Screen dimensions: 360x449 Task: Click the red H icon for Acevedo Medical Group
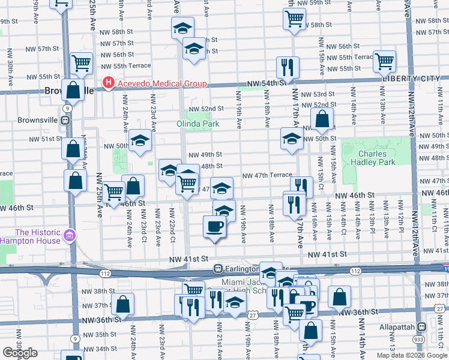click(x=108, y=83)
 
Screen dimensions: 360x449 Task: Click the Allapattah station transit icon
click(x=421, y=328)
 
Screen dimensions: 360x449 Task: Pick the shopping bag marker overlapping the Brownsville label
click(x=73, y=91)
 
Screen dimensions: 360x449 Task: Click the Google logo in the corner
click(x=20, y=353)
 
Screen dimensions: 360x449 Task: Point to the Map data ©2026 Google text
click(x=412, y=355)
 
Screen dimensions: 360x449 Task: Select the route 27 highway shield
click(x=253, y=314)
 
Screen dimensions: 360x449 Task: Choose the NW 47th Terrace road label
click(x=267, y=176)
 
